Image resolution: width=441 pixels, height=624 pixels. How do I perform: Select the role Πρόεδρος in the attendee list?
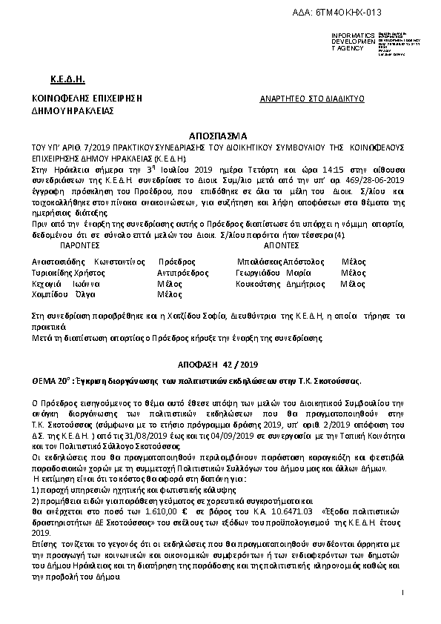point(176,262)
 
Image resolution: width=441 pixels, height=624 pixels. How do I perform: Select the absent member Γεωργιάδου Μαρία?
point(277,273)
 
